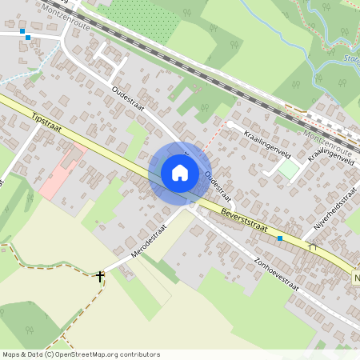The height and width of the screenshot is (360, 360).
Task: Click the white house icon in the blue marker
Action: [x=180, y=172]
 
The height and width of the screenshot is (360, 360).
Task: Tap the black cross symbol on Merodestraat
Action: [x=100, y=276]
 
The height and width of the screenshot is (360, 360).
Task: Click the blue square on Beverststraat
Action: [x=280, y=238]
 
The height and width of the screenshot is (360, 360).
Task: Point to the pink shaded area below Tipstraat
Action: [x=60, y=172]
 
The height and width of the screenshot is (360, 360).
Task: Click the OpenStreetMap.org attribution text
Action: [x=112, y=354]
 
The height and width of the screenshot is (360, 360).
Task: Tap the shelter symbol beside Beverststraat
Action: [x=313, y=248]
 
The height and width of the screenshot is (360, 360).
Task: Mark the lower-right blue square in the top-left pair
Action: [x=28, y=37]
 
